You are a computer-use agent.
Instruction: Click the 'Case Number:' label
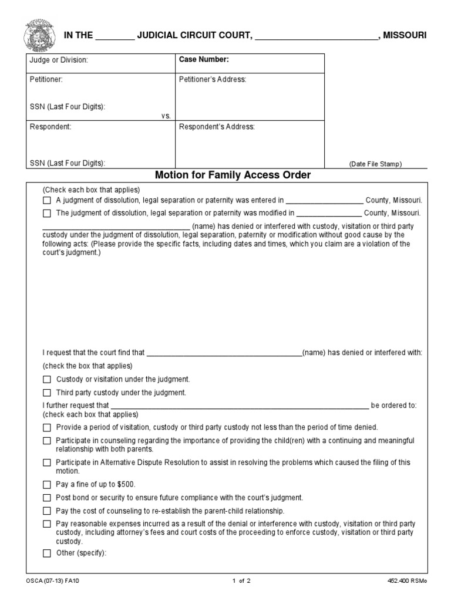coord(204,60)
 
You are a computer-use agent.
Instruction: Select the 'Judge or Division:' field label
coord(59,60)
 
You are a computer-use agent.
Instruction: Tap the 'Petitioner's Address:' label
coord(213,80)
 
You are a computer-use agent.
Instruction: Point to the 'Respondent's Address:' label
coord(216,127)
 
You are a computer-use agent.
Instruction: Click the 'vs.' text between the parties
coord(166,116)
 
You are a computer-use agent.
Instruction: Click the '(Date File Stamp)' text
coord(376,164)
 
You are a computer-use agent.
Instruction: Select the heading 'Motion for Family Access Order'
coord(233,175)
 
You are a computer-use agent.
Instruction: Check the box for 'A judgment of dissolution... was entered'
coord(47,200)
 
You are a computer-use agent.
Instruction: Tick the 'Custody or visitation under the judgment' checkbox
coord(47,380)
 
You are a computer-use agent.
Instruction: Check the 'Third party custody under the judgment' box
coord(47,392)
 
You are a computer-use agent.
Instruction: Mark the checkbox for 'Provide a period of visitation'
coord(47,427)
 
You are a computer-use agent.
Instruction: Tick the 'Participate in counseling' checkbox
coord(47,440)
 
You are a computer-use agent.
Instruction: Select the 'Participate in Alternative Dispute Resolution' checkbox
coord(47,462)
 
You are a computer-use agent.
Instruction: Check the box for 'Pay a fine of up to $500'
coord(47,485)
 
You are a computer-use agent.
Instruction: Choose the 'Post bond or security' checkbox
coord(47,498)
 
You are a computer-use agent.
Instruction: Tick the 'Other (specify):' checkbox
coord(47,553)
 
